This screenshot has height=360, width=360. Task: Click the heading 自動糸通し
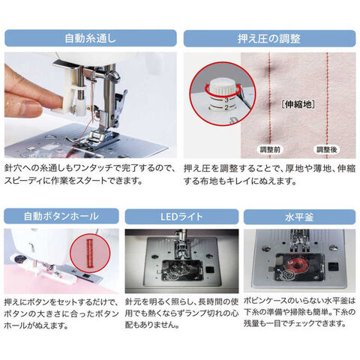click(x=90, y=39)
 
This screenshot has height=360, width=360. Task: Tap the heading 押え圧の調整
click(x=269, y=39)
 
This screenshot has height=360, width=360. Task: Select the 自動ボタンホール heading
click(x=61, y=216)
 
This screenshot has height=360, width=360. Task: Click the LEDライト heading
click(x=181, y=217)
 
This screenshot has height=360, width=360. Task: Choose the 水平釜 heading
click(x=299, y=217)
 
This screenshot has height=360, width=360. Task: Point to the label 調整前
click(x=270, y=150)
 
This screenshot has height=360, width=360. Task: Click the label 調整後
click(x=327, y=150)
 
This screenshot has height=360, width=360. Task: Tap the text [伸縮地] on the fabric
click(x=298, y=104)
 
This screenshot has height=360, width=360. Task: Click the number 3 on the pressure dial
click(x=226, y=100)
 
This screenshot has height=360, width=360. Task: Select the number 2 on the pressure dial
click(x=226, y=108)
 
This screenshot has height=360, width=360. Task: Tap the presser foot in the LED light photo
click(x=181, y=250)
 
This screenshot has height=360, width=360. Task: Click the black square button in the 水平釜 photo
click(x=333, y=267)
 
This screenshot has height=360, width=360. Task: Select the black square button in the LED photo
click(x=209, y=270)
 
